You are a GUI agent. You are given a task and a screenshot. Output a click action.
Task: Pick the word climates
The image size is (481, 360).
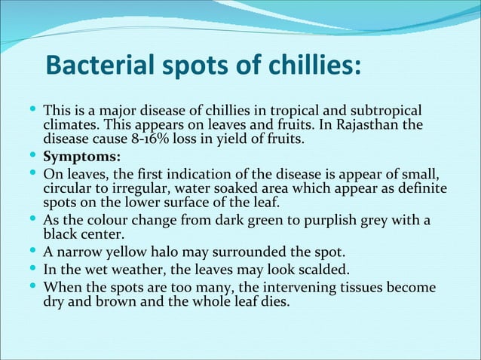[x=71, y=124]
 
